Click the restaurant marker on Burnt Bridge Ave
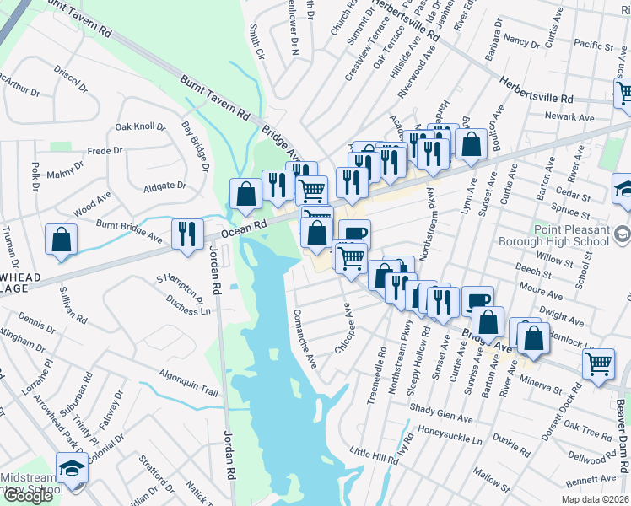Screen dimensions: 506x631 186,233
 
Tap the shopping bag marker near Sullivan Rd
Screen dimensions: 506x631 61,239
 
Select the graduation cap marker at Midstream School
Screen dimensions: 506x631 72,467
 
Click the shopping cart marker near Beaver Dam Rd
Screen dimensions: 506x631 598,363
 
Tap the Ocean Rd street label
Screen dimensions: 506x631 245,229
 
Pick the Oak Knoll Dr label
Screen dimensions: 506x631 140,126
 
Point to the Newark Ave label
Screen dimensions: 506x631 569,117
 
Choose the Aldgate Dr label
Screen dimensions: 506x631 164,186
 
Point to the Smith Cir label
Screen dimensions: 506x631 256,41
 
